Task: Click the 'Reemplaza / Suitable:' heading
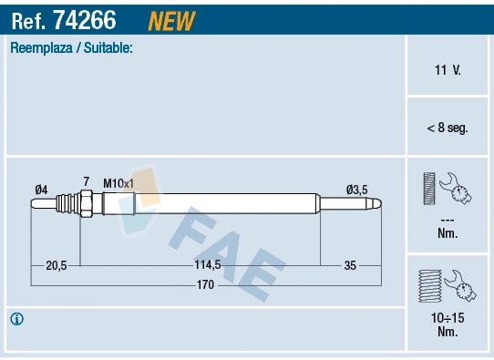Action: [71, 47]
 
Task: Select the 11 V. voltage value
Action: [447, 70]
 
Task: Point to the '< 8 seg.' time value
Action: [447, 129]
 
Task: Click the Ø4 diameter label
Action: [41, 190]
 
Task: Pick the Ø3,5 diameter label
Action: [356, 190]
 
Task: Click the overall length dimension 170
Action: [206, 285]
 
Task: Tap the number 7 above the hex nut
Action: [86, 182]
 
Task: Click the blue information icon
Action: [17, 319]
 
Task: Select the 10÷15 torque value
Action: [447, 318]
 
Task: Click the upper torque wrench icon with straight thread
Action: [447, 190]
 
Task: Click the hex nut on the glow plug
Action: [85, 204]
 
